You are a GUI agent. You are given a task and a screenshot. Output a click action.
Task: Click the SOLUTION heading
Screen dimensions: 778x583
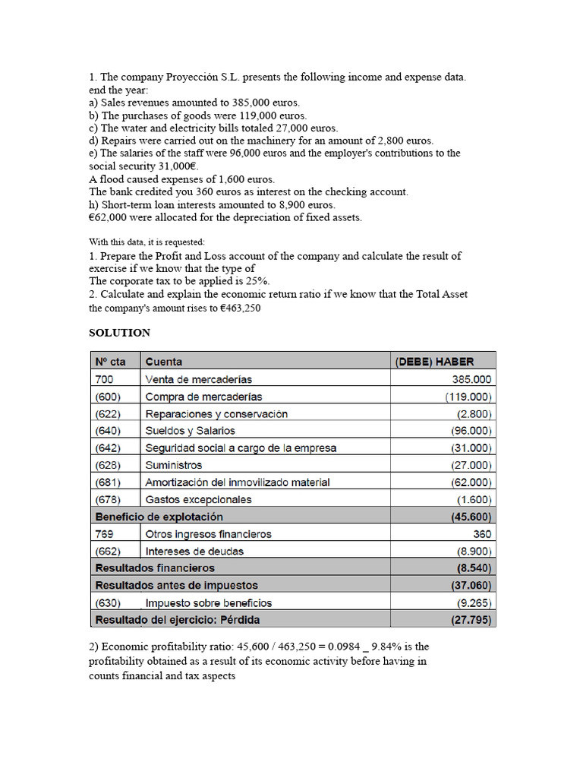click(x=119, y=333)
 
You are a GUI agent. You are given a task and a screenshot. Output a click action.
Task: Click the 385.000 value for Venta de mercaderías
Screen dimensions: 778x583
click(x=472, y=379)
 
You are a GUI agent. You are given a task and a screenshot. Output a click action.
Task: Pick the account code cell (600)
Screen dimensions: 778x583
click(x=107, y=397)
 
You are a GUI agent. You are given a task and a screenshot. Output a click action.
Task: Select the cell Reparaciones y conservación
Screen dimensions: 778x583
click(x=216, y=414)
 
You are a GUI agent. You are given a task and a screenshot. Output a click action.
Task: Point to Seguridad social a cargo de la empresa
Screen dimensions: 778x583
click(x=241, y=448)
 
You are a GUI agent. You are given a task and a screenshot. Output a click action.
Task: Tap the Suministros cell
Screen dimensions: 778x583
click(x=174, y=465)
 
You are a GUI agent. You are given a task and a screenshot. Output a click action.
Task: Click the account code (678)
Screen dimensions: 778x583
click(x=107, y=500)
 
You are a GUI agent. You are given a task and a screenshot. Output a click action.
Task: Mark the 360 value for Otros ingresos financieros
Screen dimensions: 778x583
click(x=482, y=534)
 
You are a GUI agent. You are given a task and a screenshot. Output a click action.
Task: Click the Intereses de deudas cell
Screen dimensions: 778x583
click(x=194, y=551)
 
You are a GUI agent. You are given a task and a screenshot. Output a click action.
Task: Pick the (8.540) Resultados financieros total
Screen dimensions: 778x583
click(x=474, y=568)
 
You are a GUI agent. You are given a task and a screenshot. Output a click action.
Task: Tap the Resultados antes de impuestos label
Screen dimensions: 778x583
click(x=176, y=585)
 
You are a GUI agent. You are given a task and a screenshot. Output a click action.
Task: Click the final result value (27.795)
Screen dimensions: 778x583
click(x=471, y=620)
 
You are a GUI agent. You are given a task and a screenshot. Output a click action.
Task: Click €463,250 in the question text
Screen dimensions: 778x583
click(x=228, y=308)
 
